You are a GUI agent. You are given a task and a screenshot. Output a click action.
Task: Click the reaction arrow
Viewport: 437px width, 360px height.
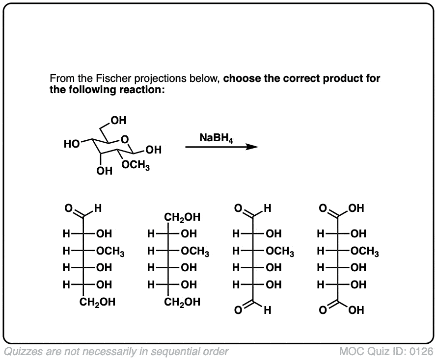click(x=221, y=147)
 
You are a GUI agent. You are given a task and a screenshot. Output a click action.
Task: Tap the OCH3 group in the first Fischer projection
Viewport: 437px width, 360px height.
click(x=110, y=253)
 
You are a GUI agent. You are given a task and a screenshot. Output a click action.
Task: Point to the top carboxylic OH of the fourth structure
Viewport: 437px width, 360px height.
click(x=356, y=208)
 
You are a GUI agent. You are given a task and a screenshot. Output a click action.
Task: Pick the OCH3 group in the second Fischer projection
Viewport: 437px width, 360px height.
click(x=195, y=253)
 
